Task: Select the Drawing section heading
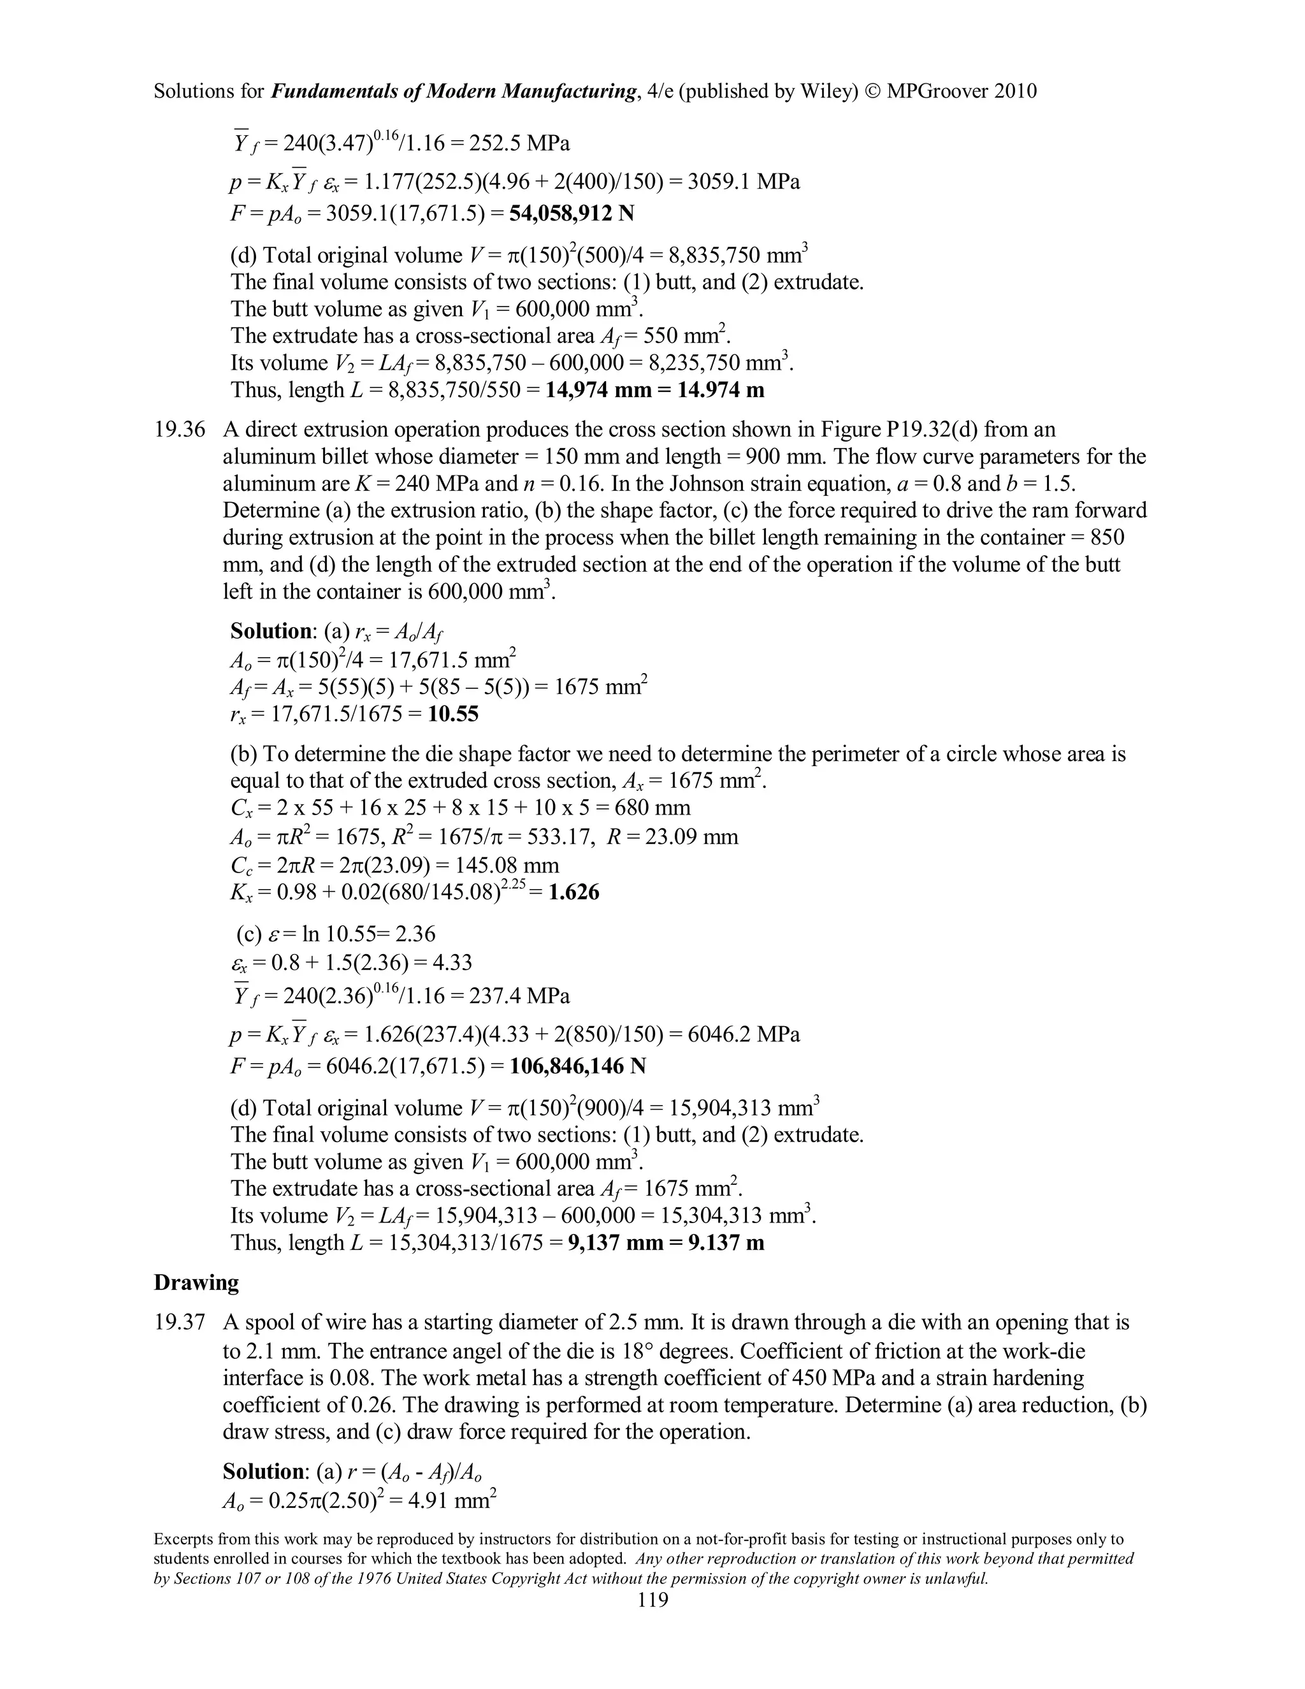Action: click(x=196, y=1282)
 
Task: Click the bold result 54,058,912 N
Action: click(x=572, y=213)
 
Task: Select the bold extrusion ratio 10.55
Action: click(x=453, y=713)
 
